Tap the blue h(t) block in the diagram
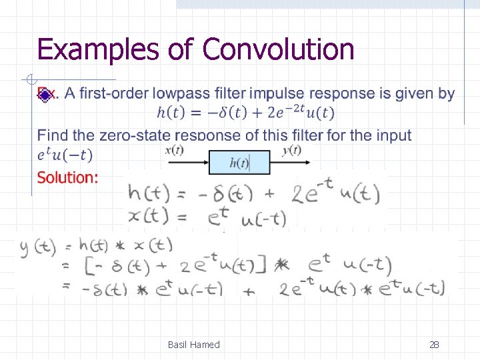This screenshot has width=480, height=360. [x=239, y=162]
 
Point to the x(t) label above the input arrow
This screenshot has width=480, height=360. [x=174, y=150]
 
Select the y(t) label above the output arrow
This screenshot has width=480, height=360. [x=291, y=150]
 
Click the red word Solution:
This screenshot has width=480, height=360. [x=67, y=177]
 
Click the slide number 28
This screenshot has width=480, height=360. [x=434, y=345]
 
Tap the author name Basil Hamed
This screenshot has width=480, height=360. [x=193, y=345]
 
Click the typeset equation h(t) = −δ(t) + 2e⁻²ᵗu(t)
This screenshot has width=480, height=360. [x=245, y=113]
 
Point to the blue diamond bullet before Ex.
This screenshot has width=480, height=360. [x=43, y=95]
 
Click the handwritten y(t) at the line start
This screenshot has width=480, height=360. [x=37, y=247]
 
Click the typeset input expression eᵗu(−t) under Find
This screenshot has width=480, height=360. [x=65, y=155]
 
